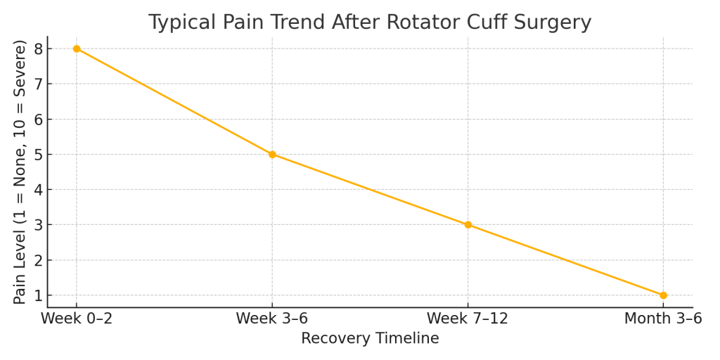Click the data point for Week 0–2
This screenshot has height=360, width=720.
click(x=77, y=49)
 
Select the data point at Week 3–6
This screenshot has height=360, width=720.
click(x=272, y=155)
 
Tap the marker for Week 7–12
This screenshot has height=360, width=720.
click(x=468, y=225)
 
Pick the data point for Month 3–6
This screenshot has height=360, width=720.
click(x=663, y=295)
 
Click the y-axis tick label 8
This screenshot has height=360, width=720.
click(x=38, y=49)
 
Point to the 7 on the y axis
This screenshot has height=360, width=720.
click(x=38, y=84)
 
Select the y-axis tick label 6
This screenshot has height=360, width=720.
click(x=38, y=120)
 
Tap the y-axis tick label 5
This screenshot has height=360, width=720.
click(x=38, y=155)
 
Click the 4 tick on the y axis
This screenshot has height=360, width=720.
click(x=38, y=190)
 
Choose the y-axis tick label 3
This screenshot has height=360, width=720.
click(x=38, y=225)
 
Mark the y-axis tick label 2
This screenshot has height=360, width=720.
click(x=38, y=260)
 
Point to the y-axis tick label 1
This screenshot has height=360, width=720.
click(x=38, y=295)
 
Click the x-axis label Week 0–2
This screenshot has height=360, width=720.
click(x=77, y=319)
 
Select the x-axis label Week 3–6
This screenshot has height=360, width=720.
click(x=272, y=319)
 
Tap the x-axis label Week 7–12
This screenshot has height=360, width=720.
click(x=468, y=319)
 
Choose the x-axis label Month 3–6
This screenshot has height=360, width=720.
click(x=663, y=319)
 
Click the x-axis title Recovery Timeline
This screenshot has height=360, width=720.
click(x=370, y=339)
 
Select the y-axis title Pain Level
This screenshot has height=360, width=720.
click(x=20, y=172)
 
